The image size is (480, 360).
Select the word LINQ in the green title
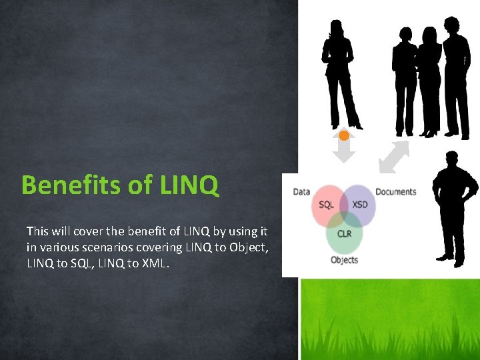189,185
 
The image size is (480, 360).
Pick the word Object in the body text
251,247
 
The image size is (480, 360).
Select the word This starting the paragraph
37,231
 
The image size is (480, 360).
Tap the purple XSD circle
360,205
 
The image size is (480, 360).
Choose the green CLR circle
344,234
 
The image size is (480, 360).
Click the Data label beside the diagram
301,192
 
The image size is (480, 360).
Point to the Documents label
395,192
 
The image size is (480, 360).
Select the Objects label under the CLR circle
344,260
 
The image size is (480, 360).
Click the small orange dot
344,135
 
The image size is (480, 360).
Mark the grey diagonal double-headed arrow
394,157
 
